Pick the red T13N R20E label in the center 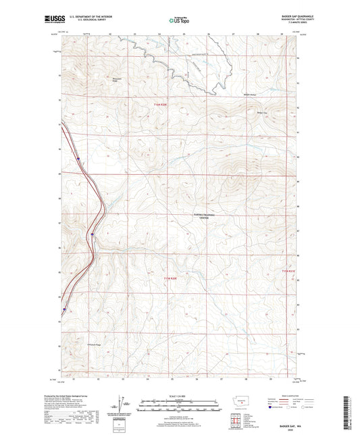coord(173,278)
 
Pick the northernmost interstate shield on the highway coord(78,160)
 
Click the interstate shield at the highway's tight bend coord(91,234)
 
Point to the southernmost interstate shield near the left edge coord(64,311)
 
